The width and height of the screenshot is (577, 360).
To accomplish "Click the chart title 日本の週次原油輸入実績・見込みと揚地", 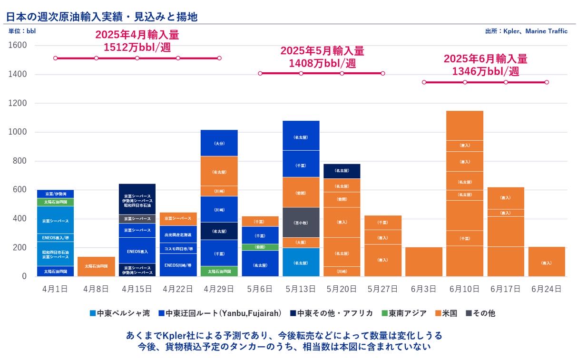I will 102,17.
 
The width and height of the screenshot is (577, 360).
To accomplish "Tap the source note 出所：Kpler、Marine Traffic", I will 526,31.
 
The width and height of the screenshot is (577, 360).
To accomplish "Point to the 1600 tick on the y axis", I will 18,46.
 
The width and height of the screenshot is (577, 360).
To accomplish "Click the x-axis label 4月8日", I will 96,289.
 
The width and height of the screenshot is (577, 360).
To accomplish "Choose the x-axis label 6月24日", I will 547,289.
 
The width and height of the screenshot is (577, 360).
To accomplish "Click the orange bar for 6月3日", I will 424,262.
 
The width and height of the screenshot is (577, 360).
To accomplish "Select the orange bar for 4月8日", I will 96,266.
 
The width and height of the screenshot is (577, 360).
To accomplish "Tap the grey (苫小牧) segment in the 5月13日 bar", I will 301,222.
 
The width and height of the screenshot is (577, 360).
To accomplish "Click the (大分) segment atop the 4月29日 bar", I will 219,143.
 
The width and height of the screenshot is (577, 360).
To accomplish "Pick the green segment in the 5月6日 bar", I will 260,247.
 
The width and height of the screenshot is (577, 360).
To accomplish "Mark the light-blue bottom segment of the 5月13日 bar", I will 301,262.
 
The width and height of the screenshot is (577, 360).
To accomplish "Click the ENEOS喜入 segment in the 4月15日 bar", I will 137,251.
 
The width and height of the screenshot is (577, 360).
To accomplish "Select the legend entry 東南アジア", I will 404,313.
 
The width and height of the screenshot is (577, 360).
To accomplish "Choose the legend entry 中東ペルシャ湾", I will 120,313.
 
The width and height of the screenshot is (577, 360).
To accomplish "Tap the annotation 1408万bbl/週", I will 322,63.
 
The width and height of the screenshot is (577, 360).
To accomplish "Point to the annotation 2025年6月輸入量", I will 485,59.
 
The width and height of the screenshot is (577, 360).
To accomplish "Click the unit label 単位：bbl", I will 22,31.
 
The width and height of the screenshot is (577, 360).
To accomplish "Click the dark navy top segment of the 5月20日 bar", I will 342,171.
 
